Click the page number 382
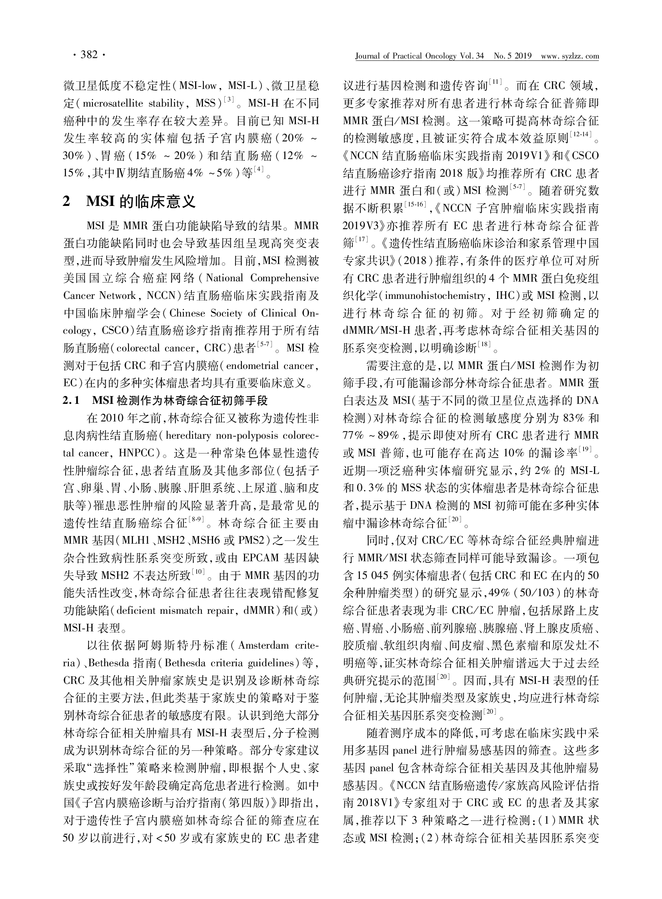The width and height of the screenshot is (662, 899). click(x=89, y=55)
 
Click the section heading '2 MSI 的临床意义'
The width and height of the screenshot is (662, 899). click(x=129, y=201)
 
